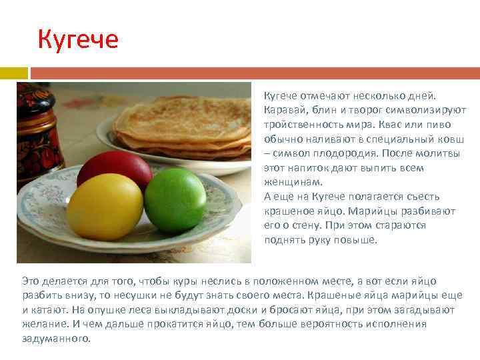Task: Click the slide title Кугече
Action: (x=78, y=39)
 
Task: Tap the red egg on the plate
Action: (x=114, y=169)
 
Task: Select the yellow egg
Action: (x=105, y=206)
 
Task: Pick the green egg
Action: (x=175, y=199)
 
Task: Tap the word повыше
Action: (x=354, y=240)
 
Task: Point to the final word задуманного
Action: (x=56, y=339)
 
